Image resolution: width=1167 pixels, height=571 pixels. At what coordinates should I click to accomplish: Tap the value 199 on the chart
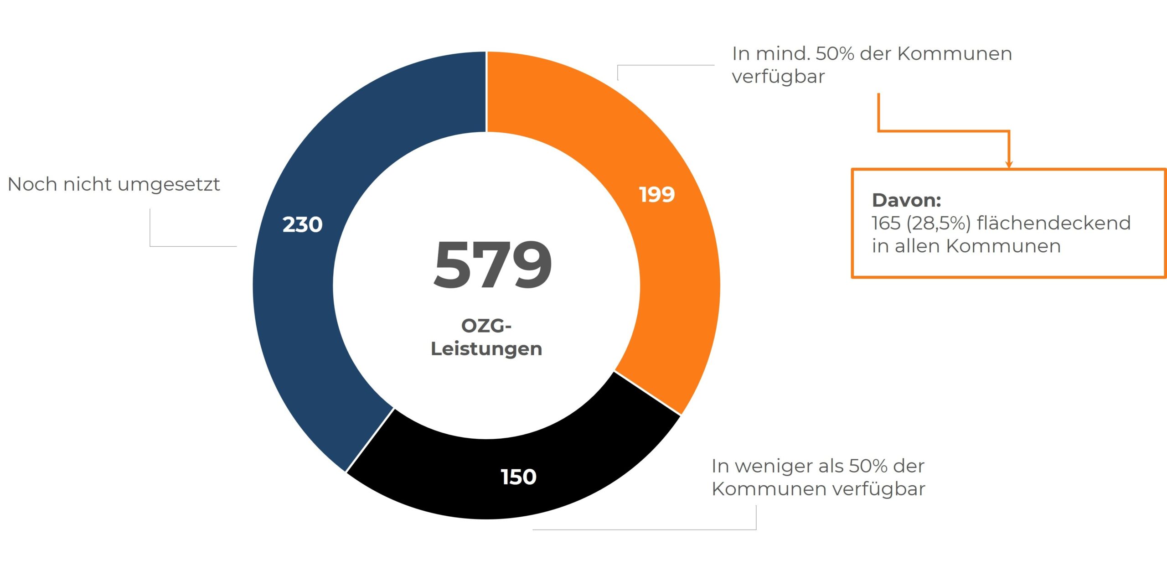coord(657,195)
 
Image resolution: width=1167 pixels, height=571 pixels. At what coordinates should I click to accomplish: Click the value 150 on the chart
coord(518,477)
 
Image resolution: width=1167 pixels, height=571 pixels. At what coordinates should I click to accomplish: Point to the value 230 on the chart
coord(302,224)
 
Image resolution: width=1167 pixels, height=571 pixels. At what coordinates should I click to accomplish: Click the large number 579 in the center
coord(492,265)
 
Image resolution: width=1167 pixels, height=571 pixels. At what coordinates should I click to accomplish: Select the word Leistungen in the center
coord(486,349)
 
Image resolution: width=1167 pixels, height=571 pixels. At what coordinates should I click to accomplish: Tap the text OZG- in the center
coord(486,326)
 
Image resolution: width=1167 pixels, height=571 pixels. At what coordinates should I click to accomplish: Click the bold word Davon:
coord(906,200)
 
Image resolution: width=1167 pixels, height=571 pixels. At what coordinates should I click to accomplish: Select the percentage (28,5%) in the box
coord(939,223)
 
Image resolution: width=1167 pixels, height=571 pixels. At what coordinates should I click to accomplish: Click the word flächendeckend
coord(1053,223)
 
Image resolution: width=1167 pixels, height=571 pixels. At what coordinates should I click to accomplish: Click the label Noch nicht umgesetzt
coord(114,184)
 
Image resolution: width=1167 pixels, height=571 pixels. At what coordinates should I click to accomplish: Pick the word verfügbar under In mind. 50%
coord(778,77)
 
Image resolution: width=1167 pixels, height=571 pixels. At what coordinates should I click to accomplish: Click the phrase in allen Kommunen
coord(966,246)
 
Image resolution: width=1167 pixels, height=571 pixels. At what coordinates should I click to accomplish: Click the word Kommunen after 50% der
coord(955,54)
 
